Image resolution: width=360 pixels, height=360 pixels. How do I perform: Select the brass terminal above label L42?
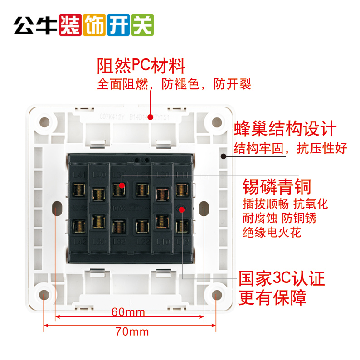tap(79, 225)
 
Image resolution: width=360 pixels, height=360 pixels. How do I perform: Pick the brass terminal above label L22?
tap(142, 225)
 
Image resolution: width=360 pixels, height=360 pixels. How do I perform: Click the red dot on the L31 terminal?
tap(122, 185)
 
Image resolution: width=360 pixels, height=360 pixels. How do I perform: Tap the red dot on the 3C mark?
tap(181, 209)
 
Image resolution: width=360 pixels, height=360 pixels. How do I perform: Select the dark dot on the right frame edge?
tap(223, 157)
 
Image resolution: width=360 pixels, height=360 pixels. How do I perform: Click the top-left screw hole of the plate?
tap(44, 122)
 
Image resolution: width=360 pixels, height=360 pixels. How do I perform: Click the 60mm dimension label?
tap(128, 312)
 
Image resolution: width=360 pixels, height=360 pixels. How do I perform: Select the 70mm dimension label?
tap(132, 331)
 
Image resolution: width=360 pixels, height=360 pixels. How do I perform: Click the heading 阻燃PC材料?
tap(141, 66)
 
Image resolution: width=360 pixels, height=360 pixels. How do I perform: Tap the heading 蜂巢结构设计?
tap(284, 129)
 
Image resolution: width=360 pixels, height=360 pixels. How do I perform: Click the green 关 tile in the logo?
tap(142, 25)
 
